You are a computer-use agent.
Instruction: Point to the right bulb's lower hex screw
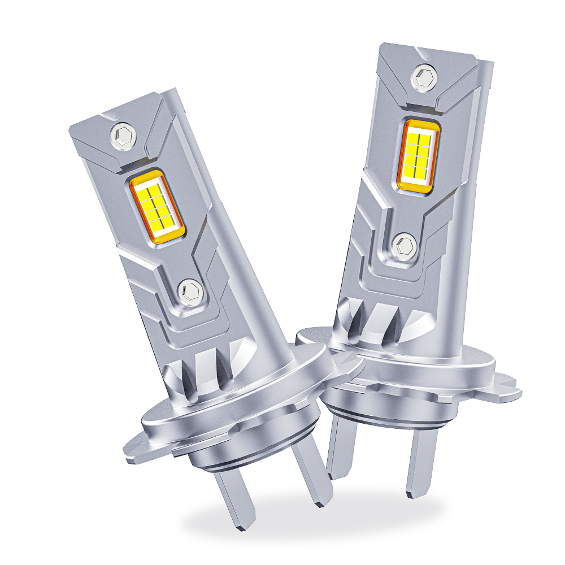click(x=405, y=246)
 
